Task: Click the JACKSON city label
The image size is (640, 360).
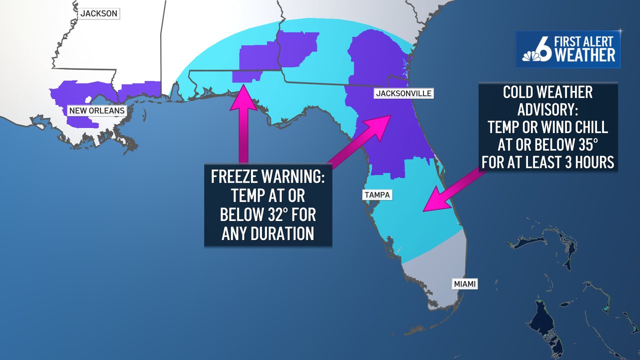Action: click(x=98, y=13)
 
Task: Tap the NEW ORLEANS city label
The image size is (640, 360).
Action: click(x=96, y=110)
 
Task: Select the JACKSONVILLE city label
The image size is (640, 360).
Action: click(x=403, y=93)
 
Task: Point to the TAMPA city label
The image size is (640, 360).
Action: click(x=377, y=195)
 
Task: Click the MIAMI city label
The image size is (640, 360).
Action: click(x=464, y=284)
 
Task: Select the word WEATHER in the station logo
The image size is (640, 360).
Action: click(x=585, y=55)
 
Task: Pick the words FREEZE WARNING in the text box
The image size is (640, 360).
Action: click(x=268, y=177)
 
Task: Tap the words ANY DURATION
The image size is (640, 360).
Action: click(x=268, y=233)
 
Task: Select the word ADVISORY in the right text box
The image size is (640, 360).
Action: click(x=547, y=109)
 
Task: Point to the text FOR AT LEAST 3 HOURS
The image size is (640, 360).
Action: click(x=547, y=162)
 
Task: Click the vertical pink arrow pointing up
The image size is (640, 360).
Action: click(x=243, y=125)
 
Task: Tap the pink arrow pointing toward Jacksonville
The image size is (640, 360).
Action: click(x=360, y=140)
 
